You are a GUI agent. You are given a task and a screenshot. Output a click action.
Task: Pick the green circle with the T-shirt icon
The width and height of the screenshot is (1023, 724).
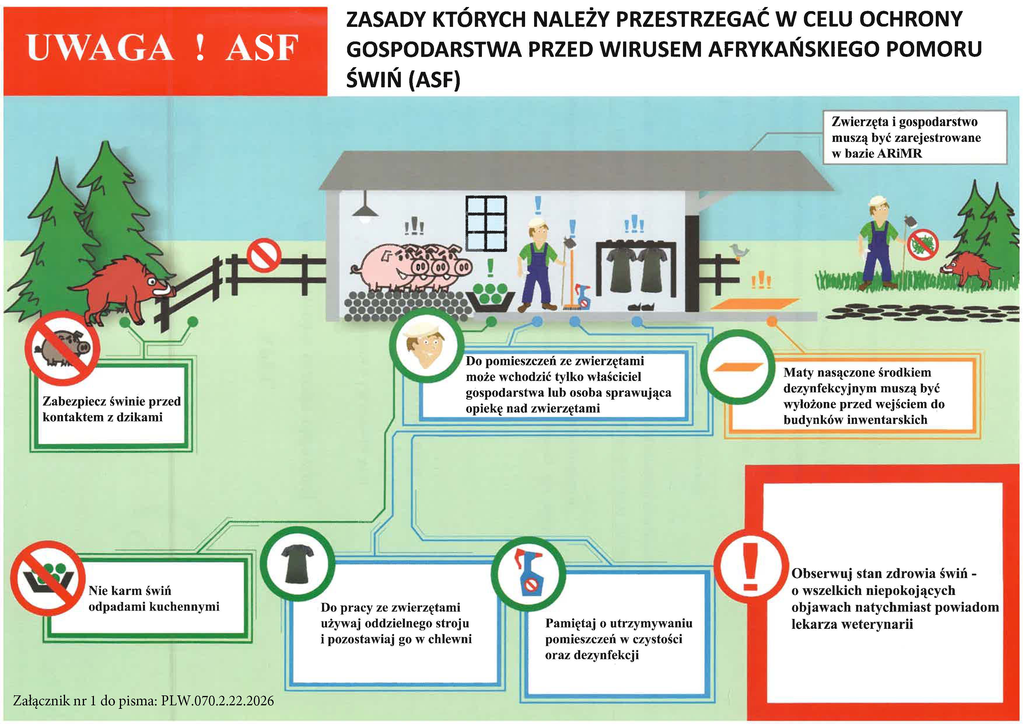297,564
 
